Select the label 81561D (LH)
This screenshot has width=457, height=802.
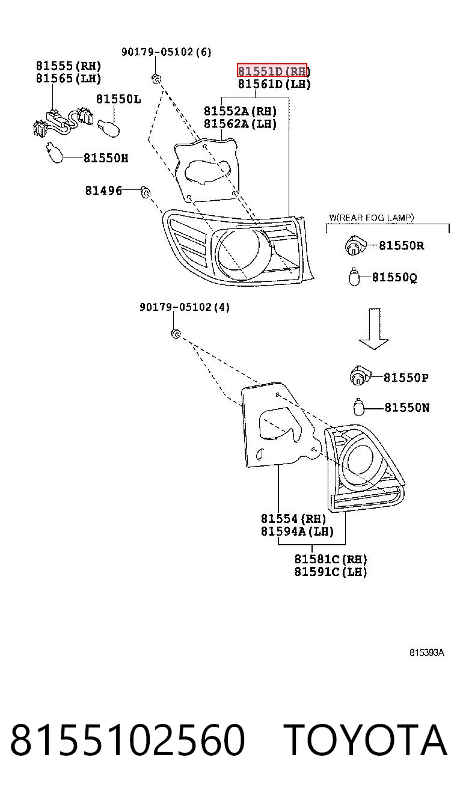click(274, 84)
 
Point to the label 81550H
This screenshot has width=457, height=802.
click(106, 158)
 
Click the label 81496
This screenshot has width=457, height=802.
click(103, 191)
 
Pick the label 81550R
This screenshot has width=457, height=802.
click(402, 246)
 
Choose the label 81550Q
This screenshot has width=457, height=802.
click(394, 278)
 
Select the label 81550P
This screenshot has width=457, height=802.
click(406, 378)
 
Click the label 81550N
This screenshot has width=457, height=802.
click(407, 408)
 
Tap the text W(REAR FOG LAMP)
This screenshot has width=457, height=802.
click(372, 218)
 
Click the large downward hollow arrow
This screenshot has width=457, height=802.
click(374, 328)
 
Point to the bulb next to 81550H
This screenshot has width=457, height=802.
click(55, 153)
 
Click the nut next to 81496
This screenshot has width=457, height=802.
click(145, 192)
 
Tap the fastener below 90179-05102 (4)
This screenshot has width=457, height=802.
click(176, 334)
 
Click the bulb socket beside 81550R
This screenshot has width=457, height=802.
click(355, 246)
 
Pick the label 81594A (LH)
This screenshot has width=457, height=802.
click(297, 531)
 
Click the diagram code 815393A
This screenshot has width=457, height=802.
click(427, 653)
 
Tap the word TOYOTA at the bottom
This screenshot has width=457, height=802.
click(366, 740)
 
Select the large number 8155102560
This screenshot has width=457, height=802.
click(128, 740)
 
